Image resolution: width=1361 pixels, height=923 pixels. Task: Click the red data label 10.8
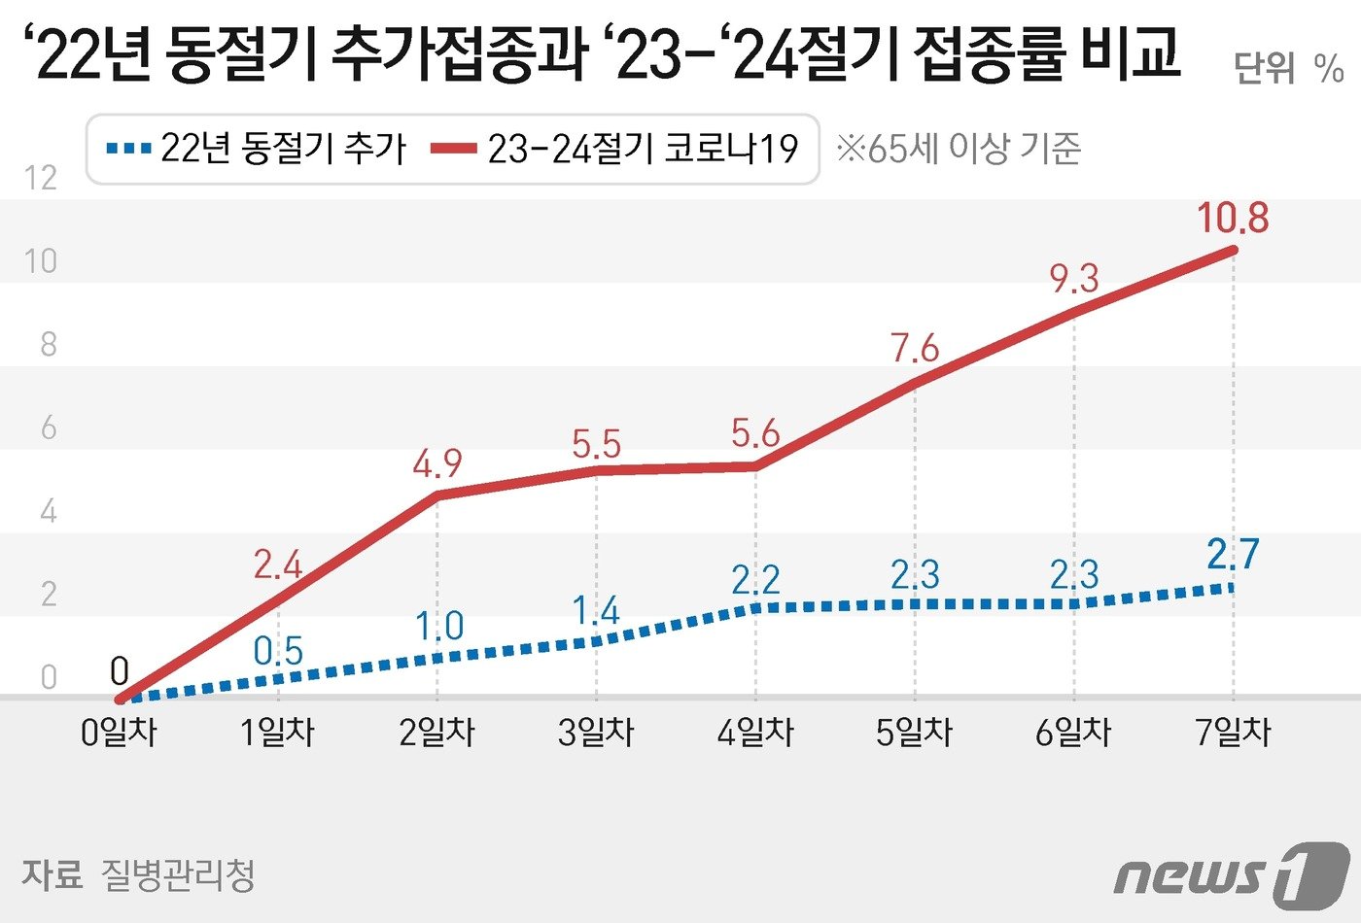[1233, 218]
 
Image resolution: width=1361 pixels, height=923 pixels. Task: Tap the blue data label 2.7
[1233, 554]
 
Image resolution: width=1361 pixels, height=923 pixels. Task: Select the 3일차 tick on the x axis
[596, 732]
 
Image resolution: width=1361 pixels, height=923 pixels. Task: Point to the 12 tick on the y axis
[41, 177]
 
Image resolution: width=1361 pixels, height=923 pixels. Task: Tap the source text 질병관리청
[178, 874]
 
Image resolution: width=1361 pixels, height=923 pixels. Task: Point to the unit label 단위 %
[1288, 68]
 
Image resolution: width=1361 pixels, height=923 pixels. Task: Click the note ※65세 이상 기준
[959, 149]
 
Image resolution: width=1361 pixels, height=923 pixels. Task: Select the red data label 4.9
[436, 464]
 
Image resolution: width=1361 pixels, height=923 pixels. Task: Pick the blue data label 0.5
[278, 651]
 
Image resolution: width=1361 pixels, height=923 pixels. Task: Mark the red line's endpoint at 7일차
[1234, 251]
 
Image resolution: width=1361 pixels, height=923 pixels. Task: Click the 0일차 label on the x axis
[119, 732]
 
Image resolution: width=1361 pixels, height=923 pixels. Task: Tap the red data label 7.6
[915, 348]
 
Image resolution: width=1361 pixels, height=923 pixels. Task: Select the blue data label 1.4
[595, 611]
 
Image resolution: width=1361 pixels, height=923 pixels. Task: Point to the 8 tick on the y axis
[48, 344]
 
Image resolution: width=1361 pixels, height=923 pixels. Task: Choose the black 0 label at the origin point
[119, 670]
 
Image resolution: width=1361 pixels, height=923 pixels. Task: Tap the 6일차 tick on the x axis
[1073, 732]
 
